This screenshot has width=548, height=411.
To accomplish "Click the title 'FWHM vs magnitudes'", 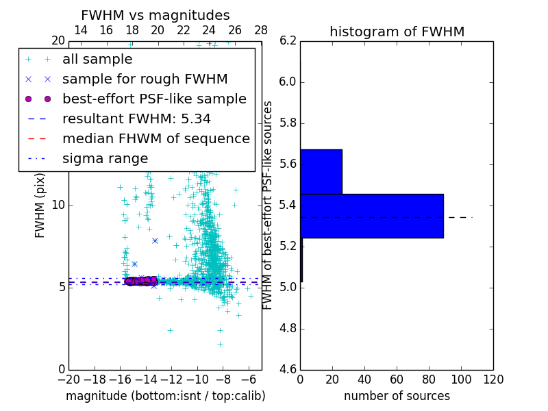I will (155, 15).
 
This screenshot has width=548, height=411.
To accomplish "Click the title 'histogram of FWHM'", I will (397, 32).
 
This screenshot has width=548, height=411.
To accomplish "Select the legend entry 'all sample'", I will (97, 60).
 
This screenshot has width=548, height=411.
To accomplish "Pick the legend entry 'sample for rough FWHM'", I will (145, 79).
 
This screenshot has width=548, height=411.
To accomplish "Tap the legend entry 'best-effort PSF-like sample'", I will (154, 99).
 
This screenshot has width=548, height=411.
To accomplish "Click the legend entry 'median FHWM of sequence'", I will (155, 139).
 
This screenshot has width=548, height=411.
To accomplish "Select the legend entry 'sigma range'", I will (105, 159).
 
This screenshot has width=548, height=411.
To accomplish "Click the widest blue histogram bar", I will (372, 216).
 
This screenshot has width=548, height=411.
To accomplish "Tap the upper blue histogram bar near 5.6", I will (321, 171).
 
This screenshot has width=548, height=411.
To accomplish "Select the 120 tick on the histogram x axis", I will (493, 379).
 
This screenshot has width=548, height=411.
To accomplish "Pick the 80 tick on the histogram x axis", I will (429, 379).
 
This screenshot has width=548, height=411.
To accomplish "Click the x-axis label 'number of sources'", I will (397, 396).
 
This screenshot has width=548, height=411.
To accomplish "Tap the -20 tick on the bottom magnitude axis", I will (68, 379).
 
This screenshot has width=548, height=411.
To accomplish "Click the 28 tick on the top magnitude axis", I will (261, 30).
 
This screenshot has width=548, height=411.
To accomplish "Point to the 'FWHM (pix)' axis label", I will (40, 206).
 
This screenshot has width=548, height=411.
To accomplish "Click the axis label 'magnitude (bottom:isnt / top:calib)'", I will (165, 396).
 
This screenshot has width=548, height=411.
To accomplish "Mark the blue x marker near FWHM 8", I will (155, 240).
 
